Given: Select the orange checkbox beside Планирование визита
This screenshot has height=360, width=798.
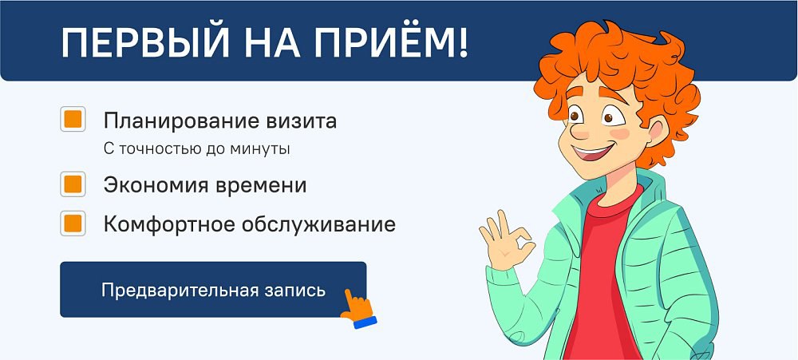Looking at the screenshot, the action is pyautogui.click(x=73, y=119).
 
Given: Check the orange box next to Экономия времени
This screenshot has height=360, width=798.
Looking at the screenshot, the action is pyautogui.click(x=73, y=184).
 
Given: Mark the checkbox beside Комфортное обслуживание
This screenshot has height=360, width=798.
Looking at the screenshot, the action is pyautogui.click(x=73, y=223).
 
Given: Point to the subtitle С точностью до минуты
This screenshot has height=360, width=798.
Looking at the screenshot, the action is pyautogui.click(x=197, y=149).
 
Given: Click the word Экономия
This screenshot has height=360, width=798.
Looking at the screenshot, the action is pyautogui.click(x=151, y=185).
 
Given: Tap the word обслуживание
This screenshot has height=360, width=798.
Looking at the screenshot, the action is pyautogui.click(x=318, y=224).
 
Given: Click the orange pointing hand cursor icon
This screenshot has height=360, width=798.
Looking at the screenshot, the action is pyautogui.click(x=358, y=307).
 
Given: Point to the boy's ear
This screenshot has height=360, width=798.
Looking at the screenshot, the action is pyautogui.click(x=657, y=131).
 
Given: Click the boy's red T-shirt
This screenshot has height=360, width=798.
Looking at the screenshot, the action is pyautogui.click(x=603, y=275).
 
